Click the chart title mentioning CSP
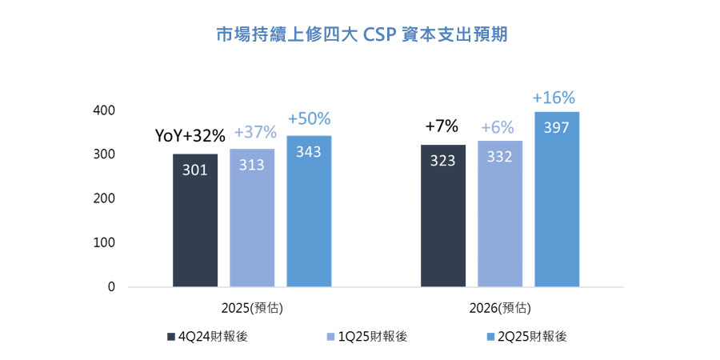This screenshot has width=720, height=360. coord(362,35)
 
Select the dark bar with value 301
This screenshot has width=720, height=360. coord(195,220)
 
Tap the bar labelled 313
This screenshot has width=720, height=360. coord(252,218)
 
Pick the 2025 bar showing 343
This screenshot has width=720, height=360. coord(309,211)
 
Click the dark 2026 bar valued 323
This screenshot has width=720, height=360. coord(443,215)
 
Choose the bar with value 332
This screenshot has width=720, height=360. coord(500,214)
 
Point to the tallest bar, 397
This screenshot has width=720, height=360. coord(557,199)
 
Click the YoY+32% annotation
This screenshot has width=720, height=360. coord(190,137)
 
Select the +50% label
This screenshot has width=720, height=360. coord(309,118)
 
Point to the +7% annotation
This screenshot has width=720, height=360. coord(442,126)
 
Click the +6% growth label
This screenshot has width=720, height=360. coord(499,127)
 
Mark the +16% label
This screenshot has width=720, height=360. coord(554,98)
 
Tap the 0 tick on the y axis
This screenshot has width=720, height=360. coord(112,286)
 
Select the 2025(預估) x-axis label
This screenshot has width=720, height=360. coord(253,307)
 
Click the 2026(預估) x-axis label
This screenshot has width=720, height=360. coord(501,307)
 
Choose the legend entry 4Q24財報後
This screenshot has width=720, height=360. coord(207,337)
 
